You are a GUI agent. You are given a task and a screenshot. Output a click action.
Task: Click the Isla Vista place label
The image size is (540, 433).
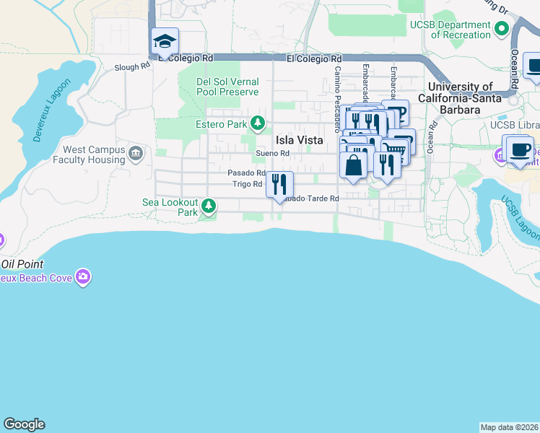click(x=299, y=140)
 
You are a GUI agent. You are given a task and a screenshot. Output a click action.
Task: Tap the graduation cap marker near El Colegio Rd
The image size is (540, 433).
click(x=165, y=41)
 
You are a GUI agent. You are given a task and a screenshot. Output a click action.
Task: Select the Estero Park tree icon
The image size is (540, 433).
click(x=258, y=124)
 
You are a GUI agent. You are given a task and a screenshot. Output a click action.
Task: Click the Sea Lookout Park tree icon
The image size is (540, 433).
click(x=209, y=207)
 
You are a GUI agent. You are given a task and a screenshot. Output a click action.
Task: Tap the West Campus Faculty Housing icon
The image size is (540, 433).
click(x=136, y=153)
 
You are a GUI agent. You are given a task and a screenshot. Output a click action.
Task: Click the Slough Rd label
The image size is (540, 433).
click(x=132, y=67)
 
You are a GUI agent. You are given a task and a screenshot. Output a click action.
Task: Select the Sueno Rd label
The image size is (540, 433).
click(x=273, y=153)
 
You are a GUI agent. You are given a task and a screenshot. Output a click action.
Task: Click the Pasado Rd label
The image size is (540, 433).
click(x=246, y=173)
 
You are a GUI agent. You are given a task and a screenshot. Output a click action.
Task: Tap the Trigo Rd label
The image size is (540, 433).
click(x=247, y=184)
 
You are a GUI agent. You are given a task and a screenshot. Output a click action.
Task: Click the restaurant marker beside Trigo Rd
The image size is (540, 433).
click(x=279, y=184)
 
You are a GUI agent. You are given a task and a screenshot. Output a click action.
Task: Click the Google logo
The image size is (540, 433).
click(x=24, y=424)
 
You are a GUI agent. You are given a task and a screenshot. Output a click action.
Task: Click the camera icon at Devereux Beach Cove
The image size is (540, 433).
click(x=84, y=277)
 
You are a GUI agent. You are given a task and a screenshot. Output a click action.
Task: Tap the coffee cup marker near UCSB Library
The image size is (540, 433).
click(x=520, y=149)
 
